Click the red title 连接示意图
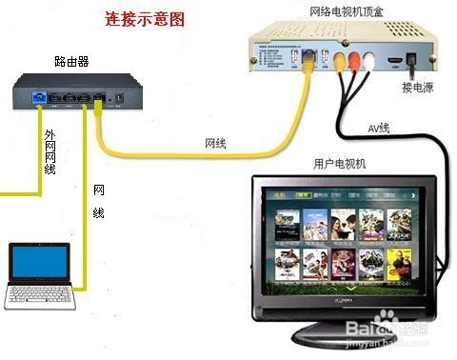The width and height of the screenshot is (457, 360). [145, 19]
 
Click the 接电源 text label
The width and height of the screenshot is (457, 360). [416, 90]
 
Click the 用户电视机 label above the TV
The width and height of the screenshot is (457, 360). [340, 164]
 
